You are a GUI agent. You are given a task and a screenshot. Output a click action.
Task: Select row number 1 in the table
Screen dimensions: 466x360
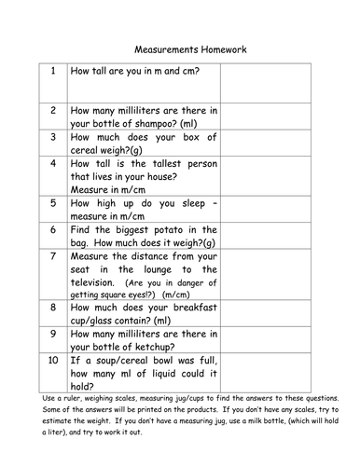(53, 71)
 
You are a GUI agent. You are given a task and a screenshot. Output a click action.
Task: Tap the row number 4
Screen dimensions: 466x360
(53, 163)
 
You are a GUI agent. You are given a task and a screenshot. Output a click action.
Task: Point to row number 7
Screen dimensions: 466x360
(53, 254)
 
